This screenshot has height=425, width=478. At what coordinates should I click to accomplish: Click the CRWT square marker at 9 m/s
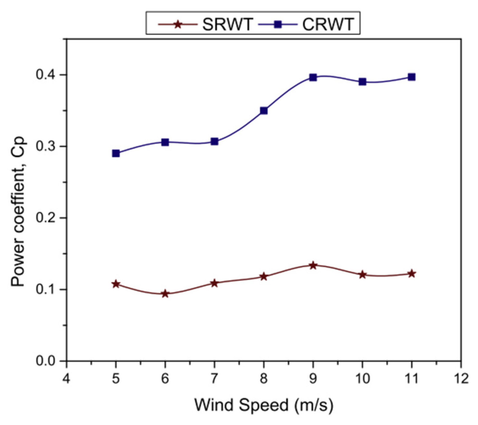[313, 77]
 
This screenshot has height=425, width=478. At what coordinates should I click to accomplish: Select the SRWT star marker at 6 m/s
[165, 294]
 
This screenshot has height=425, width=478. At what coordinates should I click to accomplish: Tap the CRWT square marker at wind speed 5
[116, 153]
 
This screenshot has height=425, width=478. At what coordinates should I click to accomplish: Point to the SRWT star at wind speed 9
[313, 266]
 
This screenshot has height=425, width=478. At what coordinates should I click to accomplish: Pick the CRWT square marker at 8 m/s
[264, 111]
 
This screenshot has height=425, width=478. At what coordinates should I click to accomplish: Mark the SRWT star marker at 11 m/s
[411, 274]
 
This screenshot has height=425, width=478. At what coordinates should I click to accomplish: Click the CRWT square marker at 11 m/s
[411, 77]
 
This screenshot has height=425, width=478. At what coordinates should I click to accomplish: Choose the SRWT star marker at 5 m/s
[116, 284]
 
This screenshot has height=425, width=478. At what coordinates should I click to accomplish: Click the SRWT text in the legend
[228, 24]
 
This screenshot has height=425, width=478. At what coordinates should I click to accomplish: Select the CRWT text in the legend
[328, 24]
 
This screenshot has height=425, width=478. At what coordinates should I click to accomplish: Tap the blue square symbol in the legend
[278, 24]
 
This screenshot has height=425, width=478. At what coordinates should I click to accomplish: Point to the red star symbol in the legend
[178, 24]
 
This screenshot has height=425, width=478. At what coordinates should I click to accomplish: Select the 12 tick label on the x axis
[461, 378]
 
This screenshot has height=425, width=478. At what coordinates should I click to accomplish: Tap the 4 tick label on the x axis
[66, 378]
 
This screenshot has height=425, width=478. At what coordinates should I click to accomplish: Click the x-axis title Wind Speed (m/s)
[263, 405]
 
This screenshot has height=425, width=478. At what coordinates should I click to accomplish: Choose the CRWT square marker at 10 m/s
[362, 82]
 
